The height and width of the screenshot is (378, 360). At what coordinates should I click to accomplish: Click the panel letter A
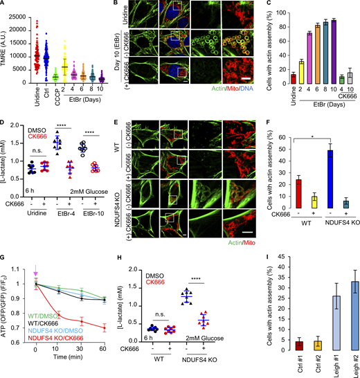pyautogui.click(x=4, y=5)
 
